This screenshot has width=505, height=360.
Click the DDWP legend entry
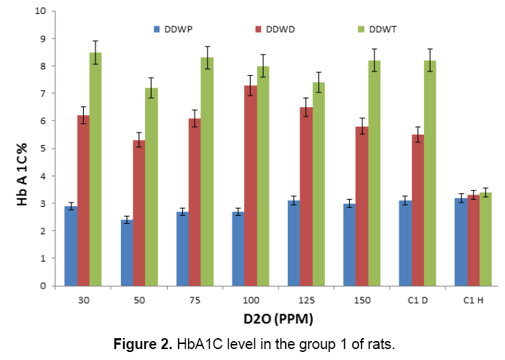click(173, 29)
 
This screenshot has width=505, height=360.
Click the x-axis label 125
click(306, 299)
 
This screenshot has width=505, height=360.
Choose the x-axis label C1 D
click(418, 299)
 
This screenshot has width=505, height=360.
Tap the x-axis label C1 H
click(473, 299)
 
